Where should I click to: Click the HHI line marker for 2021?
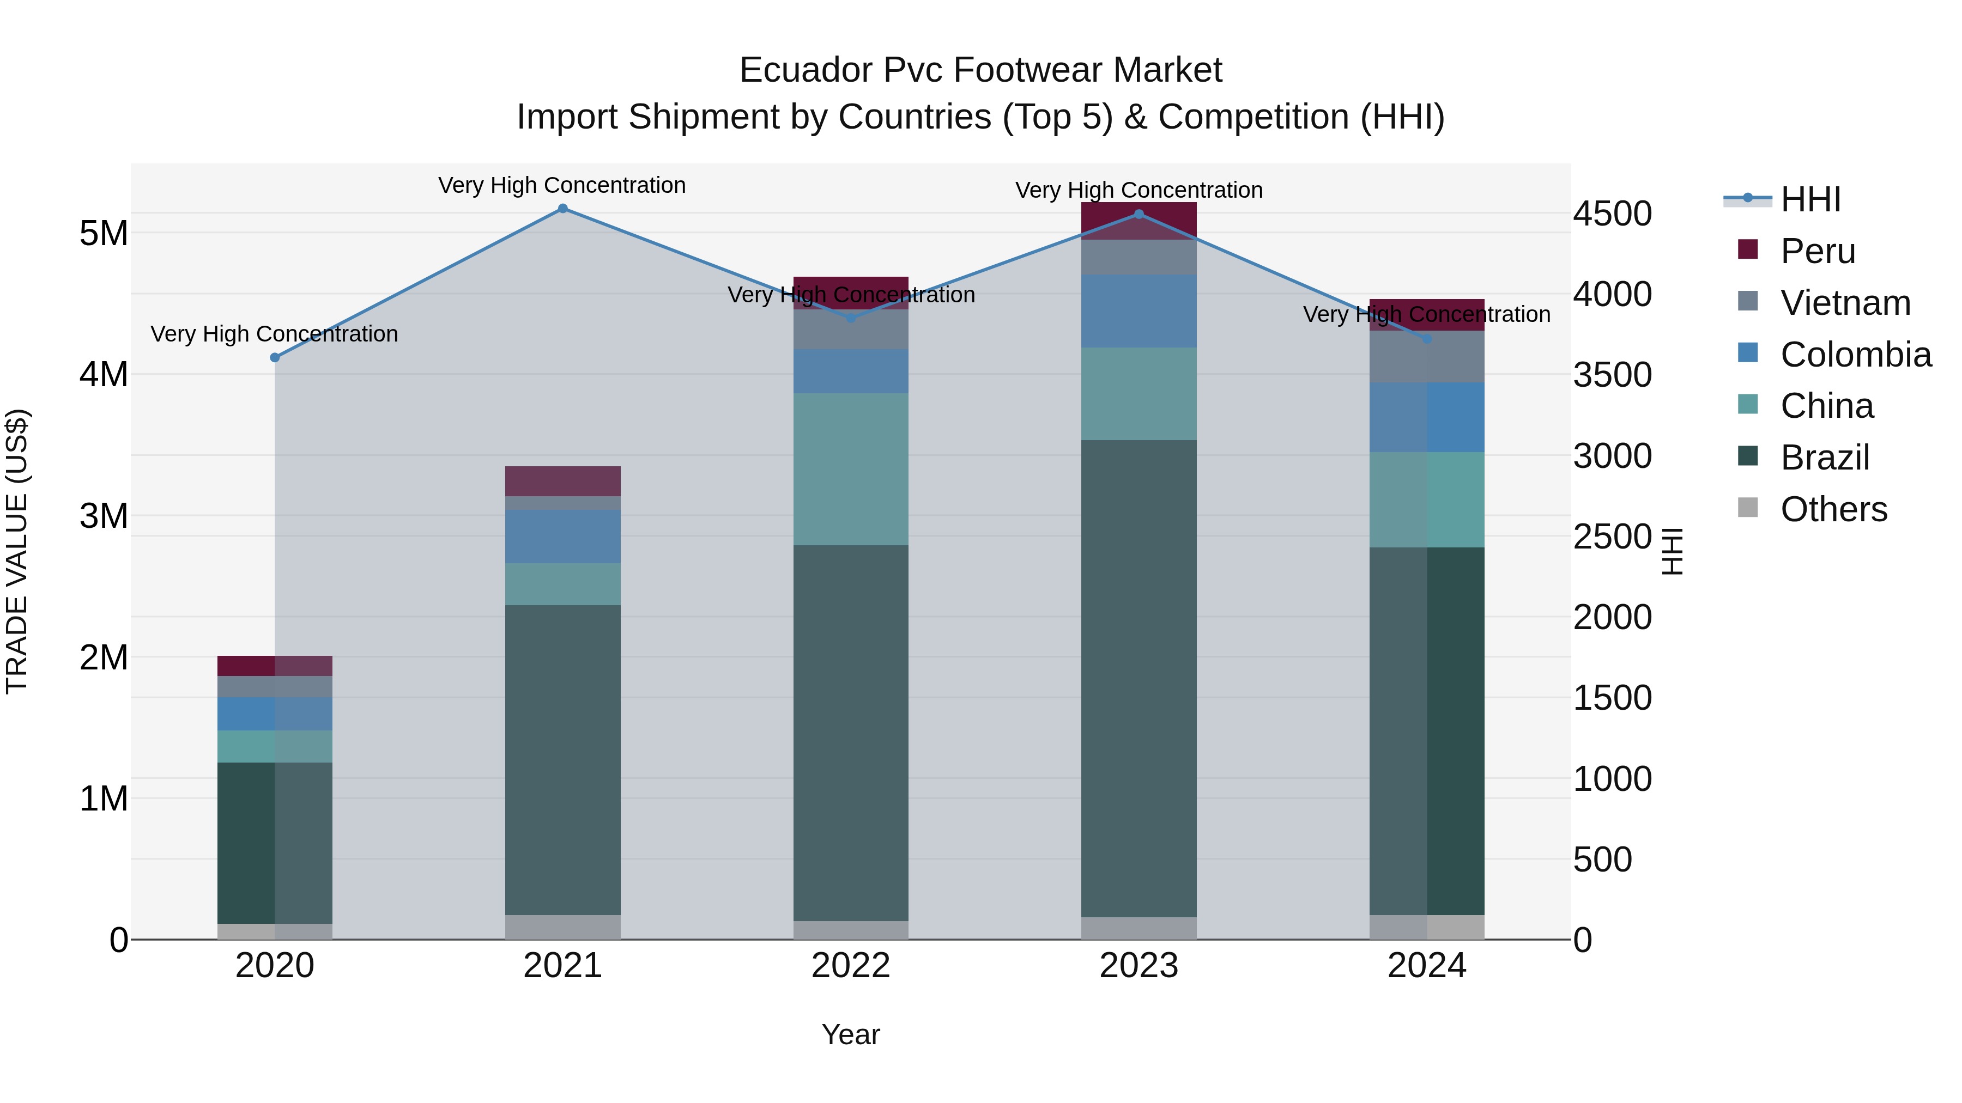click(563, 209)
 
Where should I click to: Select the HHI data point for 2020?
click(275, 358)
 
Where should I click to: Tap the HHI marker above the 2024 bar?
click(1427, 339)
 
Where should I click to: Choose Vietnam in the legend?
click(1845, 303)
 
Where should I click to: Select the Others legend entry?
click(1833, 509)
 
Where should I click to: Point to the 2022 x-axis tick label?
click(851, 966)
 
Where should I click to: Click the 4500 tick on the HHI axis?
click(1613, 214)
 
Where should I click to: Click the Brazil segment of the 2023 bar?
click(1139, 678)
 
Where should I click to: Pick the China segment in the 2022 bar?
click(851, 469)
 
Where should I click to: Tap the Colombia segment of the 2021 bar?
click(563, 536)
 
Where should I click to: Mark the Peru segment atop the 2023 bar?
click(1139, 221)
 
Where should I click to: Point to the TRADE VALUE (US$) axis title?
click(17, 551)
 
